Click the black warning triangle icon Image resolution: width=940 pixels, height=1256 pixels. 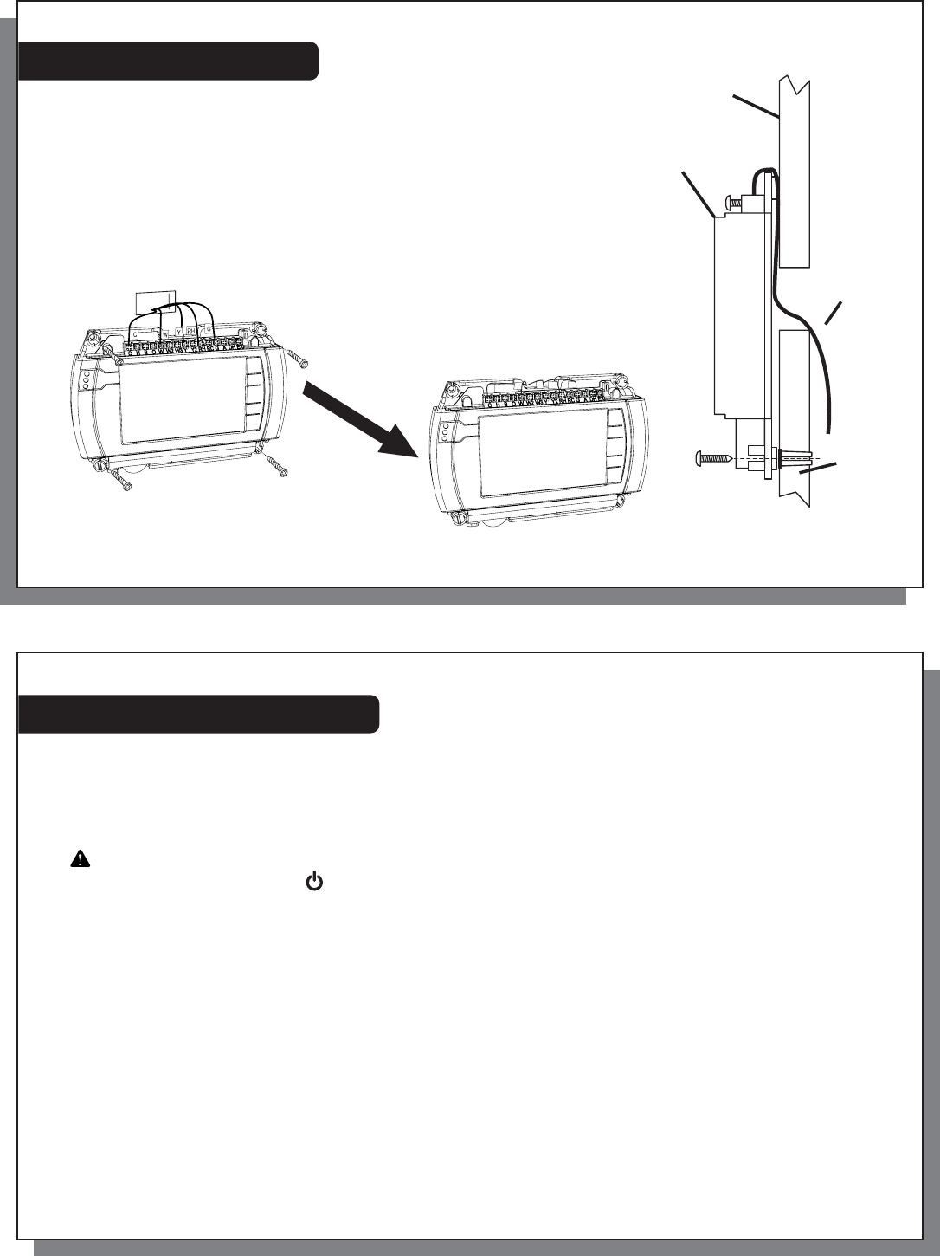[79, 859]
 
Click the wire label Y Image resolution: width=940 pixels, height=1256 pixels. [178, 333]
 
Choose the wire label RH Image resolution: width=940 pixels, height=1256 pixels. [190, 331]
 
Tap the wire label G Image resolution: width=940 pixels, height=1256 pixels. [209, 329]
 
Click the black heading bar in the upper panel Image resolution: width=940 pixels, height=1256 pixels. [169, 60]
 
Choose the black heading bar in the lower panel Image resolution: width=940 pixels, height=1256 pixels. [198, 714]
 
